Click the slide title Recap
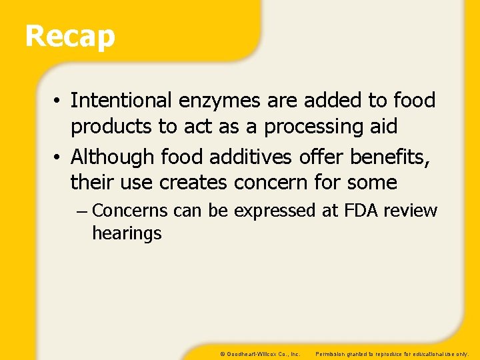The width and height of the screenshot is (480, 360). pyautogui.click(x=70, y=36)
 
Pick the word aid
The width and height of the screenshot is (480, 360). pyautogui.click(x=383, y=126)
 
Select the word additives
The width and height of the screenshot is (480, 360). pyautogui.click(x=251, y=157)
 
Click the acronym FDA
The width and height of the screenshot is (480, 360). pyautogui.click(x=361, y=211)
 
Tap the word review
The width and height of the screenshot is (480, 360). pyautogui.click(x=411, y=211)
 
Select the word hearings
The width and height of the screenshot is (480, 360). pyautogui.click(x=127, y=233)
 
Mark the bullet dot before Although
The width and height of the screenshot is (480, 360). pyautogui.click(x=59, y=158)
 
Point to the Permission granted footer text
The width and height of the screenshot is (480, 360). pyautogui.click(x=392, y=353)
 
